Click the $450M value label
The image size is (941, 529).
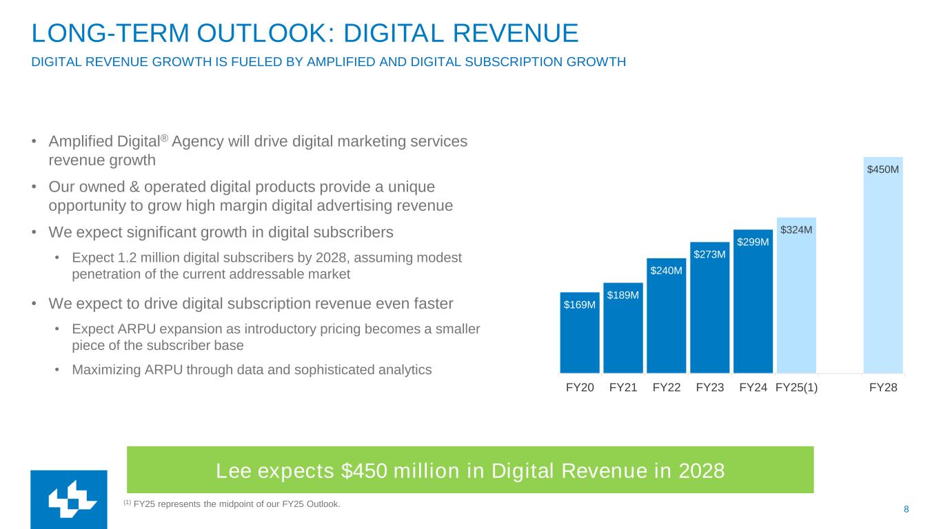point(883,169)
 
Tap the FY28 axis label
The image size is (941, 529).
point(883,388)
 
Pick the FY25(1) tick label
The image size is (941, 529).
point(796,388)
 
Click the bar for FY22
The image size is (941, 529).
point(666,324)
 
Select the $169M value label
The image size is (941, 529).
point(580,304)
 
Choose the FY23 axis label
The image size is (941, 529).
point(709,388)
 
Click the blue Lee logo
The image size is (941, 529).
point(69,499)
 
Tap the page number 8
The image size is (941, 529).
point(906,509)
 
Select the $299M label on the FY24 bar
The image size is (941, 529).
point(753,242)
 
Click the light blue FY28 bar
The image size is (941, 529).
point(883,276)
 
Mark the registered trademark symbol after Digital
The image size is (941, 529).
point(164,138)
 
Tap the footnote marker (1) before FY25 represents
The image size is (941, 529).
point(127,502)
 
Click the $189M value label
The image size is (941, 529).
point(623,295)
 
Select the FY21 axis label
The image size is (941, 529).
point(623,388)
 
